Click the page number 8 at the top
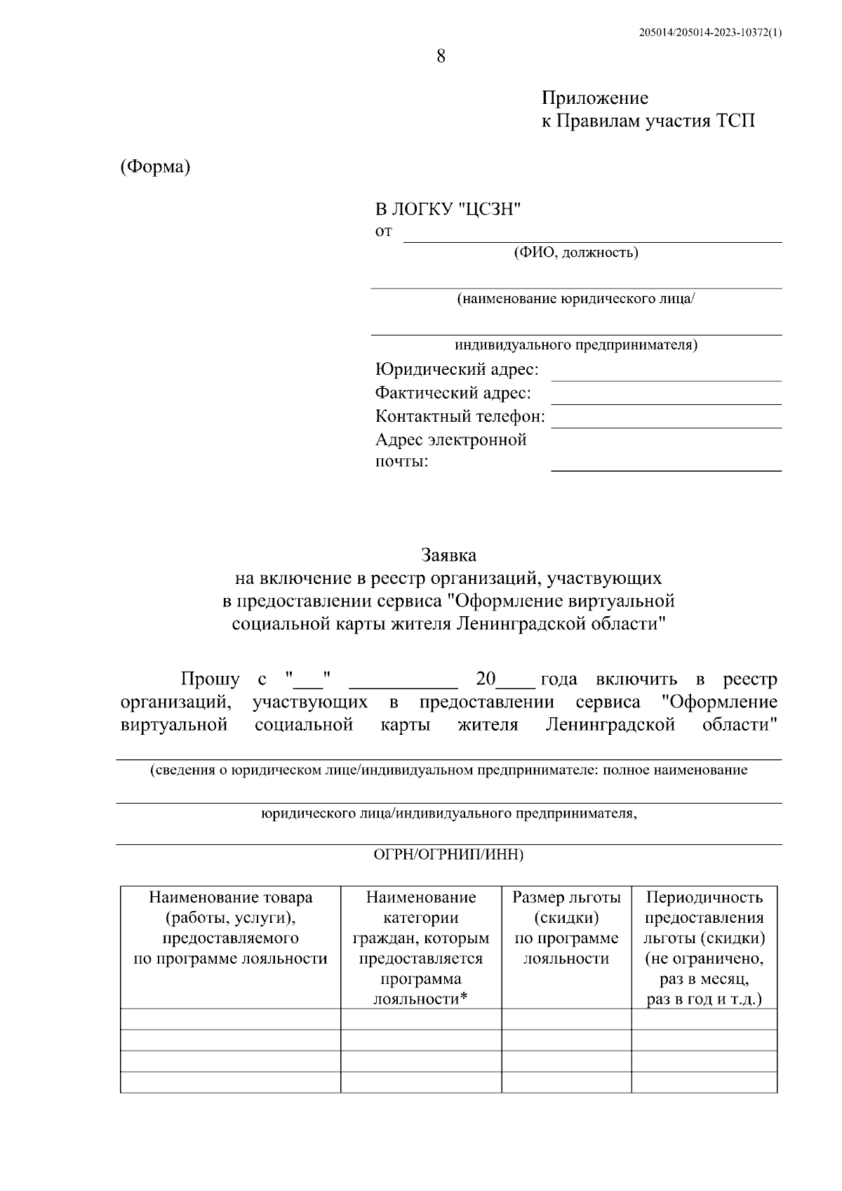pyautogui.click(x=441, y=57)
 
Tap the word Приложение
pyautogui.click(x=594, y=98)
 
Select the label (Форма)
pyautogui.click(x=155, y=167)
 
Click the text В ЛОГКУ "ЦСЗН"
pyautogui.click(x=449, y=208)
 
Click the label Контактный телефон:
pyautogui.click(x=460, y=416)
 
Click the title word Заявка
pyautogui.click(x=448, y=554)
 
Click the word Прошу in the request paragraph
pyautogui.click(x=210, y=679)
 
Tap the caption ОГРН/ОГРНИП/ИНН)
pyautogui.click(x=448, y=854)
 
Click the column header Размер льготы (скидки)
pyautogui.click(x=566, y=907)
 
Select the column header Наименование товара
pyautogui.click(x=230, y=897)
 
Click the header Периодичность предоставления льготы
pyautogui.click(x=704, y=917)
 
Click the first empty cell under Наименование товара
pyautogui.click(x=230, y=1019)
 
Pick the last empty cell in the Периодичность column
pyautogui.click(x=704, y=1082)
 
